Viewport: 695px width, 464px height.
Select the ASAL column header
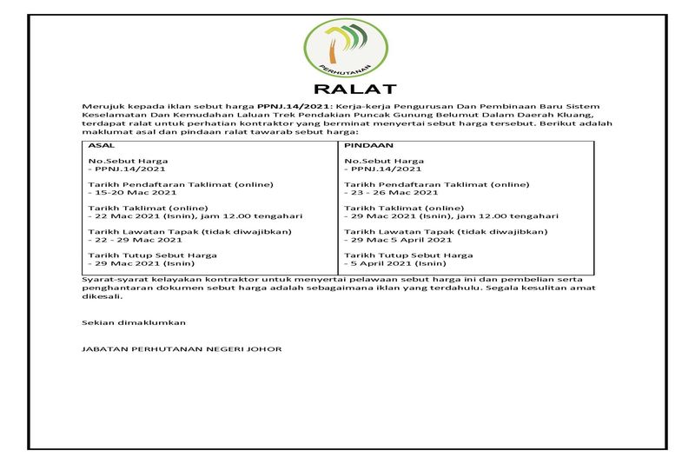[103, 147]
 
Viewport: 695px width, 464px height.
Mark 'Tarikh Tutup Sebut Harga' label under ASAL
[153, 255]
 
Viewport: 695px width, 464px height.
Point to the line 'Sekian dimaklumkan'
[134, 322]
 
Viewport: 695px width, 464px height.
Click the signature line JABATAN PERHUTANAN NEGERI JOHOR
[182, 348]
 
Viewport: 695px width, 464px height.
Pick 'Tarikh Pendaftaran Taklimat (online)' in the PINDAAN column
[436, 184]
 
